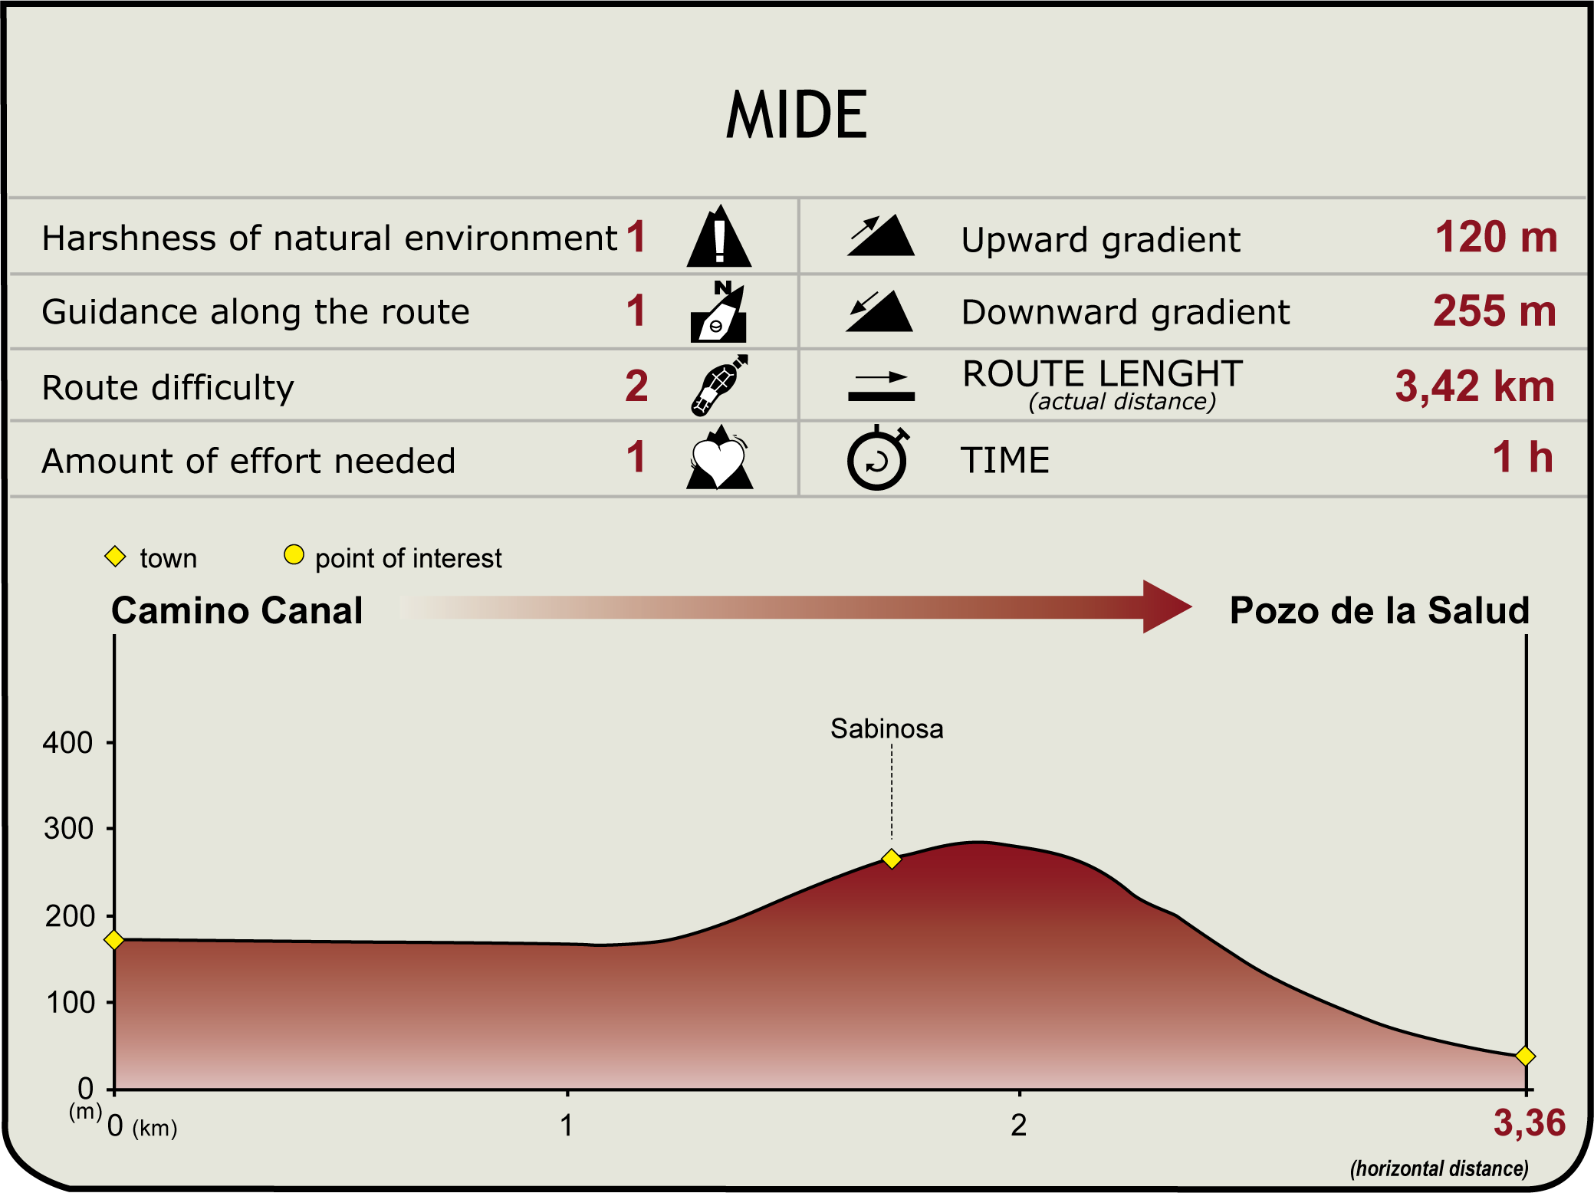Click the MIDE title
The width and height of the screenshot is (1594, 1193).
(x=797, y=115)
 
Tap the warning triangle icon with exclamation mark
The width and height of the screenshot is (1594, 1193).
(x=719, y=236)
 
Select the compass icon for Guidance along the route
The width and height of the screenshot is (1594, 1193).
(x=718, y=311)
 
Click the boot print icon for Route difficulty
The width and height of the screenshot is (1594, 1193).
(x=719, y=385)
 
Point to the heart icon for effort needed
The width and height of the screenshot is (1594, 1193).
(x=719, y=458)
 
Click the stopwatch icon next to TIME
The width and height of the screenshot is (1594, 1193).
(x=878, y=458)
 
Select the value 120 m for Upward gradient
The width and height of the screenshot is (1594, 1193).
(x=1496, y=237)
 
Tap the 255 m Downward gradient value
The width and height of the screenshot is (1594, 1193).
(x=1494, y=311)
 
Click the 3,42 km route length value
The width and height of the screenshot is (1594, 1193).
(x=1474, y=386)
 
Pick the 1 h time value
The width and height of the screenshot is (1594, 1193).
(x=1523, y=457)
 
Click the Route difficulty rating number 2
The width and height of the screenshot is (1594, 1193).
(x=636, y=386)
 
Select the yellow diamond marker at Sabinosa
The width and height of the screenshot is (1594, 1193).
(x=891, y=859)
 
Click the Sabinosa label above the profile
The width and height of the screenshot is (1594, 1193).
(x=887, y=728)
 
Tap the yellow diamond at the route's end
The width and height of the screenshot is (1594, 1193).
(x=1525, y=1057)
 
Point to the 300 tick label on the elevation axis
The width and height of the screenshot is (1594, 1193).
(x=68, y=829)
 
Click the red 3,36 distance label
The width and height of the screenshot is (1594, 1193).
(x=1530, y=1124)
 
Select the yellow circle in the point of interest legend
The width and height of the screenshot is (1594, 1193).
(x=294, y=554)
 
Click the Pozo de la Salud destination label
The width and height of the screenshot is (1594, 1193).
(x=1379, y=611)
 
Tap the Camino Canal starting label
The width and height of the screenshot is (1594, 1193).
(x=237, y=611)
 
